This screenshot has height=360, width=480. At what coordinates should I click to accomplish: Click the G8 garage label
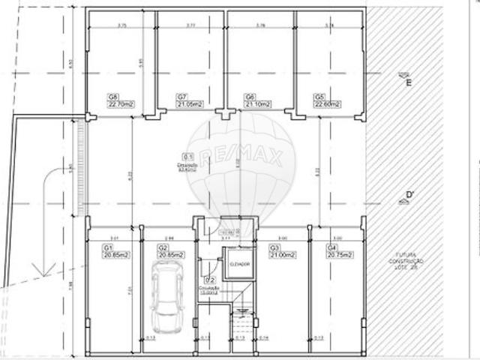point(114,97)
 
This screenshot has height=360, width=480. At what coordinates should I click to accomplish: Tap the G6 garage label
point(250,97)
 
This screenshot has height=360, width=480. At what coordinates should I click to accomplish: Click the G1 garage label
point(107,247)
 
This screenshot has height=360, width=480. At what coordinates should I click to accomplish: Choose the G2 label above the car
point(163,247)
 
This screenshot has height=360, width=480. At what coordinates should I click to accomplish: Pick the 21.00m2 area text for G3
point(283,255)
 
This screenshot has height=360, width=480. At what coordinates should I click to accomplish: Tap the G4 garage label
point(331,247)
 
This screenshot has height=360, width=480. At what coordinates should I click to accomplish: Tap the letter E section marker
point(409,82)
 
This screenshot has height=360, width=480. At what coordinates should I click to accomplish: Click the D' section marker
point(409,196)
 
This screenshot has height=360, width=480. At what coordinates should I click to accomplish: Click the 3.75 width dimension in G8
point(121,25)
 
